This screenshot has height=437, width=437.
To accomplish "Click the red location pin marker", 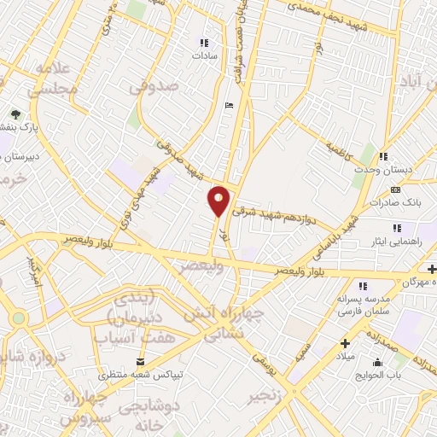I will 219,200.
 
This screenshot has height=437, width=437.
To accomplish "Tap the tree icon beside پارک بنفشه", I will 15,114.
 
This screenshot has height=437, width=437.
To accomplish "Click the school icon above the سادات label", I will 203,42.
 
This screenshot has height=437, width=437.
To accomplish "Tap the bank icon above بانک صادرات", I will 394,189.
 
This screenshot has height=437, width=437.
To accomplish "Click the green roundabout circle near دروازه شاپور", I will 18,318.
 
